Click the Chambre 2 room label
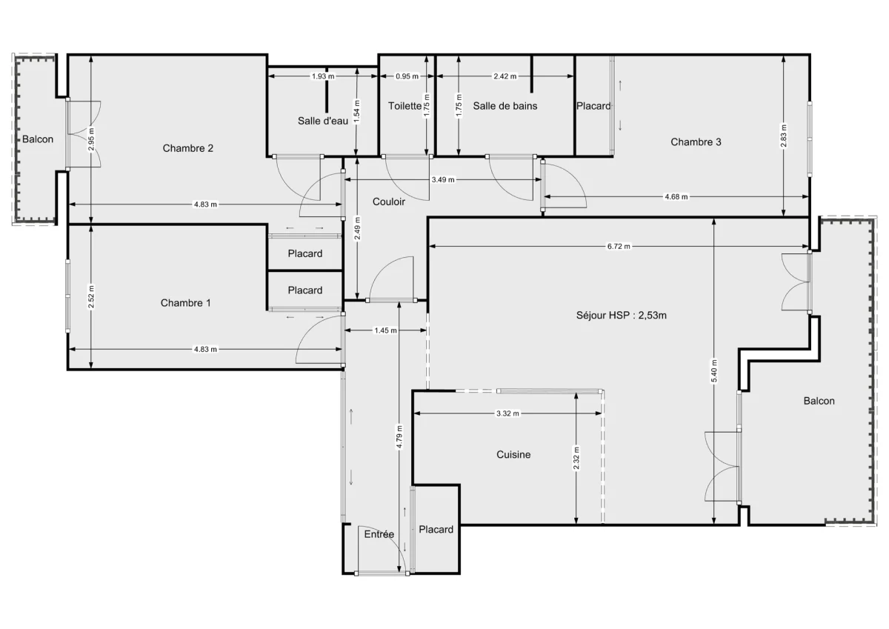click(x=188, y=148)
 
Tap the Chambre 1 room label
click(x=185, y=303)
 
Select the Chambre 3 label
click(x=696, y=142)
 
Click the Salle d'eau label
click(x=322, y=121)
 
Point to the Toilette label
click(x=404, y=106)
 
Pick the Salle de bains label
click(x=505, y=106)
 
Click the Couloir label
click(x=388, y=202)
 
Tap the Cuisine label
click(x=513, y=455)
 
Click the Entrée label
click(x=379, y=534)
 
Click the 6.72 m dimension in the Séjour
click(x=618, y=247)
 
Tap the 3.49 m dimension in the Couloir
click(x=443, y=180)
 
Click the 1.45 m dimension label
click(x=385, y=330)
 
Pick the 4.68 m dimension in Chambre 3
click(x=675, y=197)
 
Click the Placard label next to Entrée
click(x=436, y=530)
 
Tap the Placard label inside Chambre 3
click(x=593, y=106)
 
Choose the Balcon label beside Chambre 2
click(x=37, y=139)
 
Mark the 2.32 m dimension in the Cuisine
click(x=577, y=459)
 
